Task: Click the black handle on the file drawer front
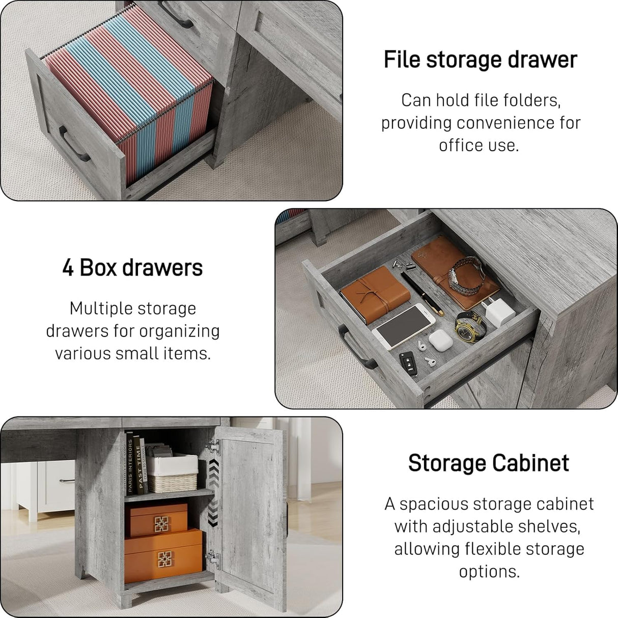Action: point(73,144)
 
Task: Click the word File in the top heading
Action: point(402,60)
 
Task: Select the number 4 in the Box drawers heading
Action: point(68,267)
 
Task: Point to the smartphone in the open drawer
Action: point(403,326)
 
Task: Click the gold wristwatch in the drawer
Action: point(469,327)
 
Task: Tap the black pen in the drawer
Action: point(422,293)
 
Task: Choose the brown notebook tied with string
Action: point(375,294)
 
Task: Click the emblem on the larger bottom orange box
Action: point(164,558)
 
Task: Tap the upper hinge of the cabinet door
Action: point(213,447)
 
